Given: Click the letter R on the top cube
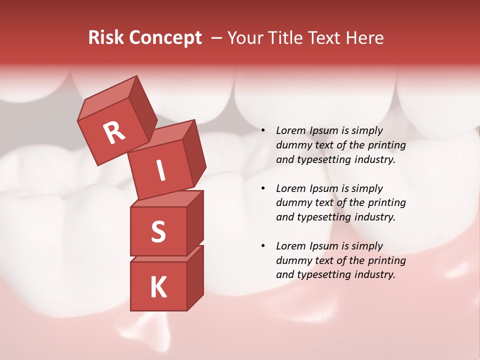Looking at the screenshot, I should tap(114, 133).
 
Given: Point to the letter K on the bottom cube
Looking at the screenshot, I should tap(158, 287).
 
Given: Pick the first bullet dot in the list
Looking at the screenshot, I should tap(263, 131).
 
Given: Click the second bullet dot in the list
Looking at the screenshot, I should tap(263, 189).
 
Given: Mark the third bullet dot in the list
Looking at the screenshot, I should tap(263, 246).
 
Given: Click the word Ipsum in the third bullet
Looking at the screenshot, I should tap(324, 246).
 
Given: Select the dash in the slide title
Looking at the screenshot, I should tap(217, 38).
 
